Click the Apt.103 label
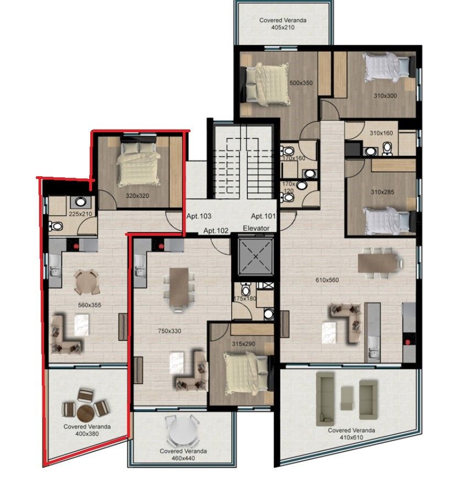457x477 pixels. point(199,216)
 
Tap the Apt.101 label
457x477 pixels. point(263,216)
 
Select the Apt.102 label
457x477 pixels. point(216,231)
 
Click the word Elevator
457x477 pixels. point(257,228)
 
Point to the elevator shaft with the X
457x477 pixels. point(255,257)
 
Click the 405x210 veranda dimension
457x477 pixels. point(283,28)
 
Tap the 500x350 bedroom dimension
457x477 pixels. point(301,83)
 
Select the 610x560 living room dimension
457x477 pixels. point(327,280)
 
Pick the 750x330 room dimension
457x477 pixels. point(170,331)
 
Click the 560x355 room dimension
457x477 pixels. point(89,305)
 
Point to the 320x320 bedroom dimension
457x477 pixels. point(138,196)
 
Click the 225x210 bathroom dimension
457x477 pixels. point(80,214)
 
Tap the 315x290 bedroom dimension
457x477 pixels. point(243,344)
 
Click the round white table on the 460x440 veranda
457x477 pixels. point(182,431)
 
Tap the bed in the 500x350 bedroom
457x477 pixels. point(265,83)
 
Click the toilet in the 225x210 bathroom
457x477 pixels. point(56,226)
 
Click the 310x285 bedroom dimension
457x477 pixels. point(382,192)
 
